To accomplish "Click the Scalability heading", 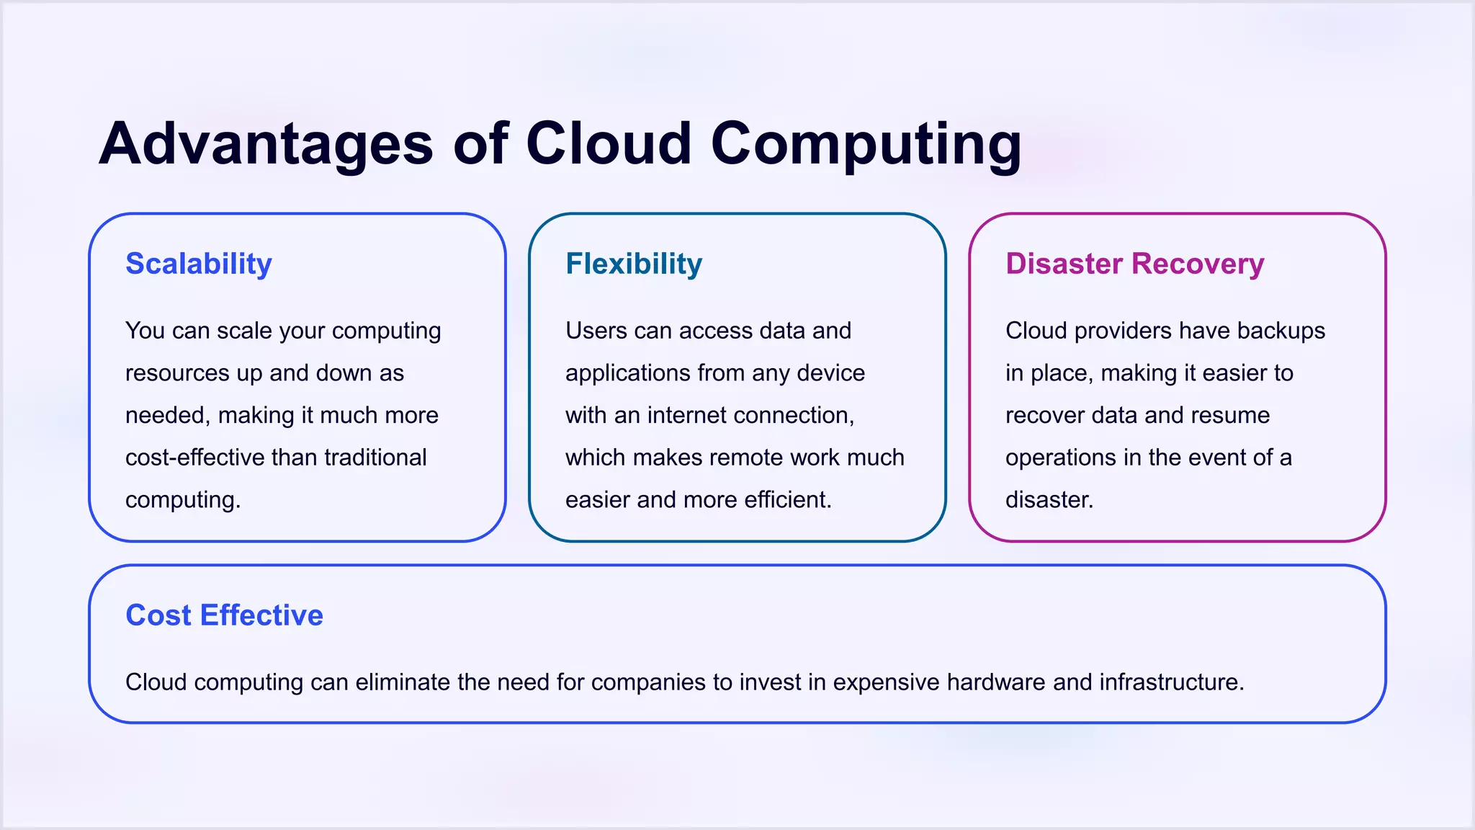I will pos(199,264).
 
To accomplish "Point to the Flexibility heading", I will pos(634,264).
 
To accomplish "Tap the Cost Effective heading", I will pos(224,615).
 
